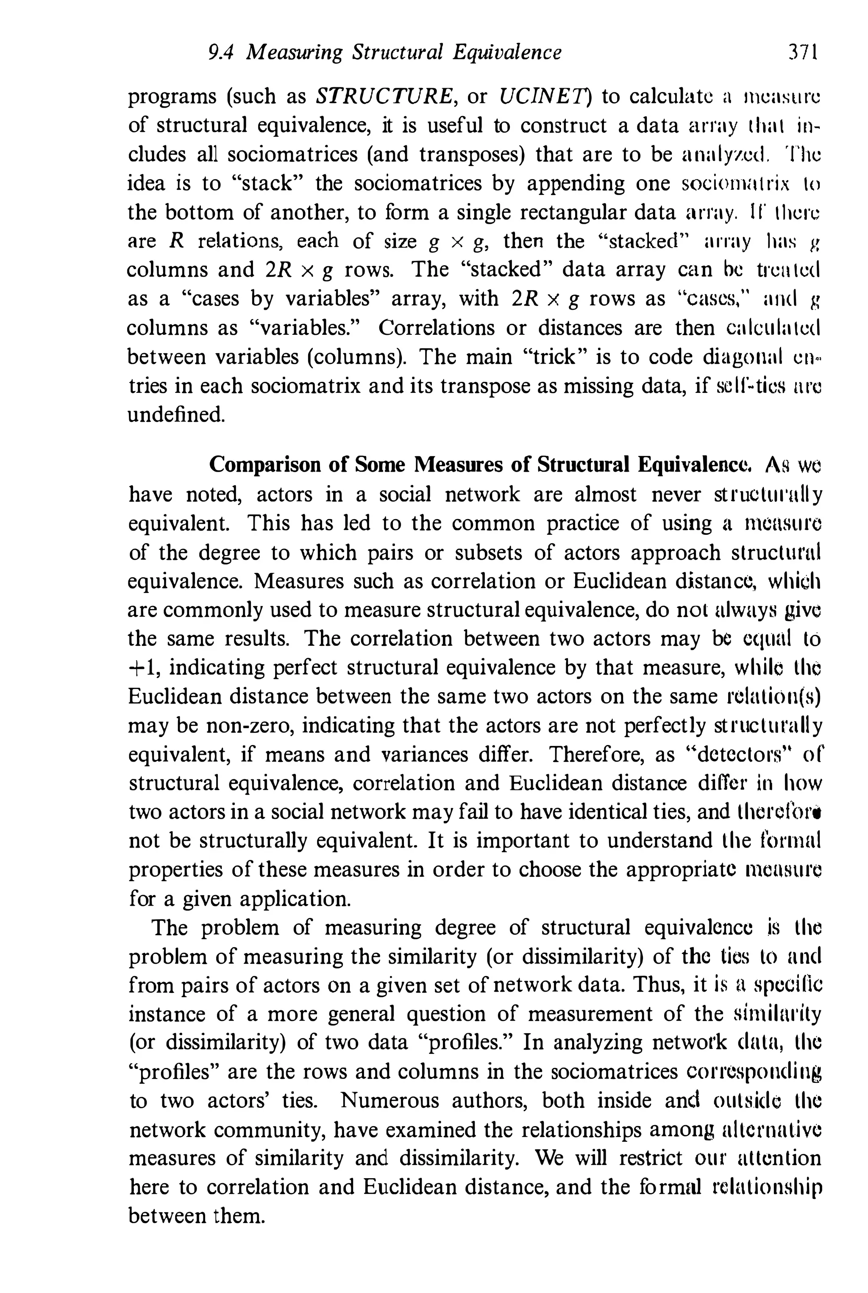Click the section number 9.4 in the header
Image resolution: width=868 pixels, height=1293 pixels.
coord(221,53)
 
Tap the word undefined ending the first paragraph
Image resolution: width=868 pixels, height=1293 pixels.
coord(176,414)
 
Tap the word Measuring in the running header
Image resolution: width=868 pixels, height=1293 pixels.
coord(295,53)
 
